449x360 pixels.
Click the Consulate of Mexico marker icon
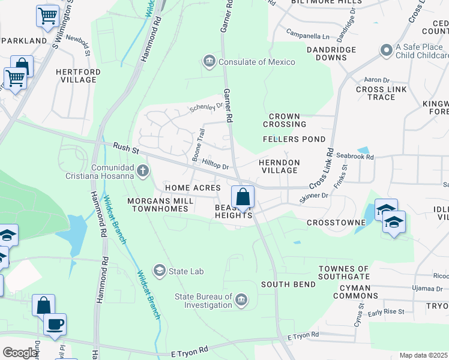tap(209, 62)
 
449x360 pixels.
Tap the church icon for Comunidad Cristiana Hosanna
tap(143, 172)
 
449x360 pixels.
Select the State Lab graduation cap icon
tap(160, 271)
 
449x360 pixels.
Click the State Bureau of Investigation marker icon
tap(241, 300)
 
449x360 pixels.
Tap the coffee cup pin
tap(55, 324)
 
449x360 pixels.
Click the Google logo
tap(20, 353)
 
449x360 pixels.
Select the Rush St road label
tap(126, 147)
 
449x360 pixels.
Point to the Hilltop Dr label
tap(216, 163)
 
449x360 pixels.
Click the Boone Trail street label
tap(199, 145)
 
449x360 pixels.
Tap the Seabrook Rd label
tap(355, 157)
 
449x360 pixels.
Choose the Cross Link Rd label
tap(322, 170)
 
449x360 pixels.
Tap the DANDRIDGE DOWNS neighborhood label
tap(327, 53)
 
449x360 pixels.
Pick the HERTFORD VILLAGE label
tap(78, 76)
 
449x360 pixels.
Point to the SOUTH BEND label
tap(285, 284)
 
